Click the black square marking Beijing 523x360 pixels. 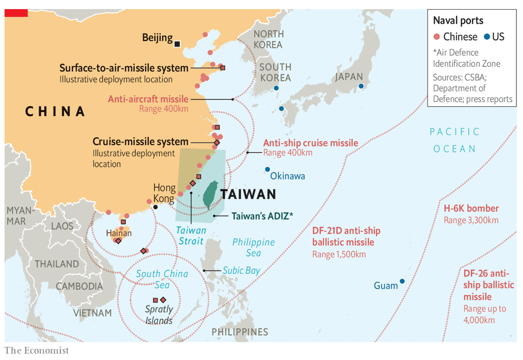click(x=177, y=44)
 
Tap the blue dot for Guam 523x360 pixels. click(x=402, y=281)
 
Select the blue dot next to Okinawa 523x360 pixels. click(x=267, y=169)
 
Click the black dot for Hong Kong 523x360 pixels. click(x=156, y=207)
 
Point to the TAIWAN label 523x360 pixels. click(x=248, y=194)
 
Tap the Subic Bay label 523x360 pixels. click(x=241, y=271)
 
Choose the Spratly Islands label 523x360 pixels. click(x=159, y=314)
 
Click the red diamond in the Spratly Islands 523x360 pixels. click(x=163, y=300)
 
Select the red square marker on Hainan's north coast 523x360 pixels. click(x=123, y=222)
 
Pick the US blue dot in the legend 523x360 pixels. click(x=487, y=37)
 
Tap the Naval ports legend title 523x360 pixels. click(x=458, y=21)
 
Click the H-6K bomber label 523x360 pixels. click(x=471, y=208)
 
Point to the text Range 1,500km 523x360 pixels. click(x=339, y=254)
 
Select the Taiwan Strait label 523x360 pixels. click(x=191, y=236)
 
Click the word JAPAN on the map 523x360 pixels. click(x=349, y=77)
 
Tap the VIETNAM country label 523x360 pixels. click(x=92, y=313)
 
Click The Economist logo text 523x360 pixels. click(x=37, y=350)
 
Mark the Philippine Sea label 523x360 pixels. click(x=254, y=247)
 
